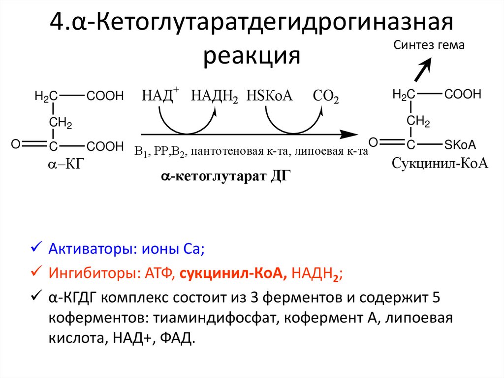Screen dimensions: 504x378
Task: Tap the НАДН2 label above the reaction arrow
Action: (215, 96)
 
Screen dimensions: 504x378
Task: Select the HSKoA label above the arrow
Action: (270, 95)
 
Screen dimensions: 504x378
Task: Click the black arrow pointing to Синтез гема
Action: (422, 69)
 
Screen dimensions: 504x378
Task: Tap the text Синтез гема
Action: (429, 45)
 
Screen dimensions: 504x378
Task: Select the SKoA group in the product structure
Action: (460, 144)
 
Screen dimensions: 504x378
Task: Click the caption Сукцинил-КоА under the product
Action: (440, 163)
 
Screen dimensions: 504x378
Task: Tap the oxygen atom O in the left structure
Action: (15, 144)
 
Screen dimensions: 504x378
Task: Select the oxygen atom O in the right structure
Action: (374, 143)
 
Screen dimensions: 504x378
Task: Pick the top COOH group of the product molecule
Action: (463, 95)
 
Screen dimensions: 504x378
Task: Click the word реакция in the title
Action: (252, 55)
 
